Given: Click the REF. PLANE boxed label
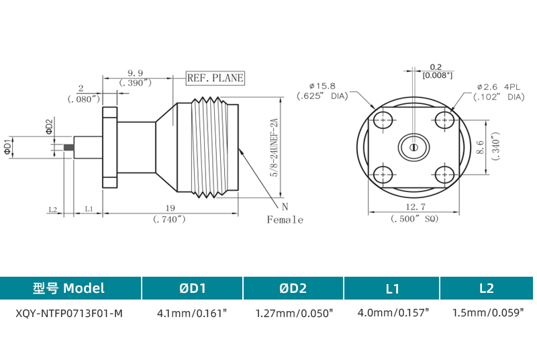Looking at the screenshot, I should point(215,79).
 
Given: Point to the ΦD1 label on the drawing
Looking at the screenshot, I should point(8,147).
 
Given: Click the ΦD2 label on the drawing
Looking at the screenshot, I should point(49,126).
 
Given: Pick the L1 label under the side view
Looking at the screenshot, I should point(89,209).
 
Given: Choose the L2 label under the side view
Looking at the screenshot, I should point(53,209).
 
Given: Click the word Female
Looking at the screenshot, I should point(285,220).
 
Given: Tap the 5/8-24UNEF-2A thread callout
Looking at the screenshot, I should point(274,148).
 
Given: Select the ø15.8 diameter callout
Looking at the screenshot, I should point(322,86).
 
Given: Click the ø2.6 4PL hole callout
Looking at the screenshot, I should point(497,87).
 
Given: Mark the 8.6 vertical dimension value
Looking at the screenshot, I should point(480,148).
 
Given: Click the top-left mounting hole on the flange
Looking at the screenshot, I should point(383,120).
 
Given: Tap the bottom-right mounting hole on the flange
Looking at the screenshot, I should point(444,175).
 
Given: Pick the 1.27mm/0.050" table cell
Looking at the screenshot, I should point(294,313).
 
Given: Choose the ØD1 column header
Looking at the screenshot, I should point(192,288).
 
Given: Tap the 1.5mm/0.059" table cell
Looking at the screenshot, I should point(487,313).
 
